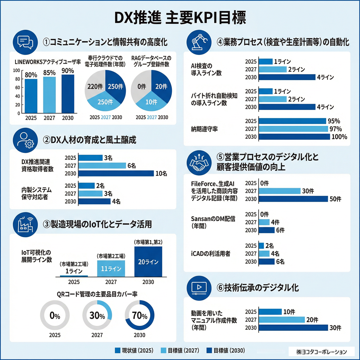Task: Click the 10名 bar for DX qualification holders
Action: tap(116, 173)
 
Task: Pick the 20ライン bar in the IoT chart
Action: tap(148, 262)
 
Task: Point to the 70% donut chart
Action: tap(140, 315)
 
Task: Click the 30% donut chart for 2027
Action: tap(97, 315)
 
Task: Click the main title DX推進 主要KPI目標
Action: tap(180, 17)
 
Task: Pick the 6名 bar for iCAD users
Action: tap(266, 261)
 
